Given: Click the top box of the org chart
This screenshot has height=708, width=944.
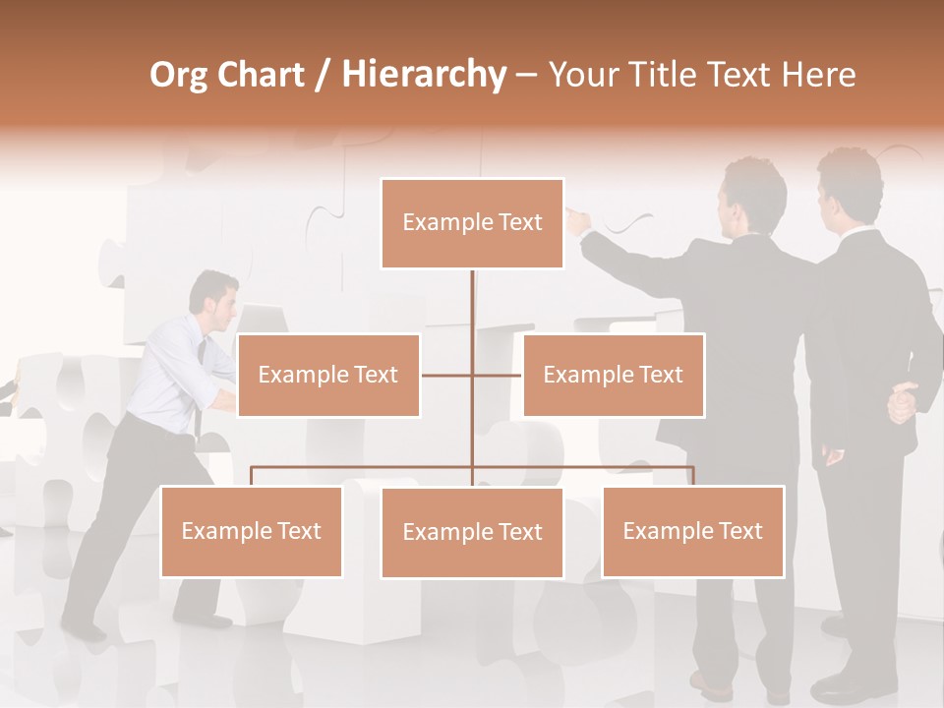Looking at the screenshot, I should point(472,223).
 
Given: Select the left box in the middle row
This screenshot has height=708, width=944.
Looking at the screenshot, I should point(328,375).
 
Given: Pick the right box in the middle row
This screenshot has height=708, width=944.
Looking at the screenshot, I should point(613,375).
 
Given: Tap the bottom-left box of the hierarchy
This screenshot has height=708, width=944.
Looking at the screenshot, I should point(252,531).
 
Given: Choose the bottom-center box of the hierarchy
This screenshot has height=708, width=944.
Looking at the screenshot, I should point(472,532).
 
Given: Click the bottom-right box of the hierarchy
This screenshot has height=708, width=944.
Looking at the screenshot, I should point(692,531).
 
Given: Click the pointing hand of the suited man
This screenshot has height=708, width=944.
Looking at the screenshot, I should point(578,221).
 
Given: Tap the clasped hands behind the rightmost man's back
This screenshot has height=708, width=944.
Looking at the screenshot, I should point(903,402).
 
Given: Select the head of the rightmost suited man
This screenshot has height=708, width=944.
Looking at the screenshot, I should point(850,187).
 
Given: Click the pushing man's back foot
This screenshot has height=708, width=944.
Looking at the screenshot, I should point(81,627).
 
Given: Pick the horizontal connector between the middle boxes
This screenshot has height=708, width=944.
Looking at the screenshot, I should point(472,375).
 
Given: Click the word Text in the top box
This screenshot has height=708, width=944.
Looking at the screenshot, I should point(519,223).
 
